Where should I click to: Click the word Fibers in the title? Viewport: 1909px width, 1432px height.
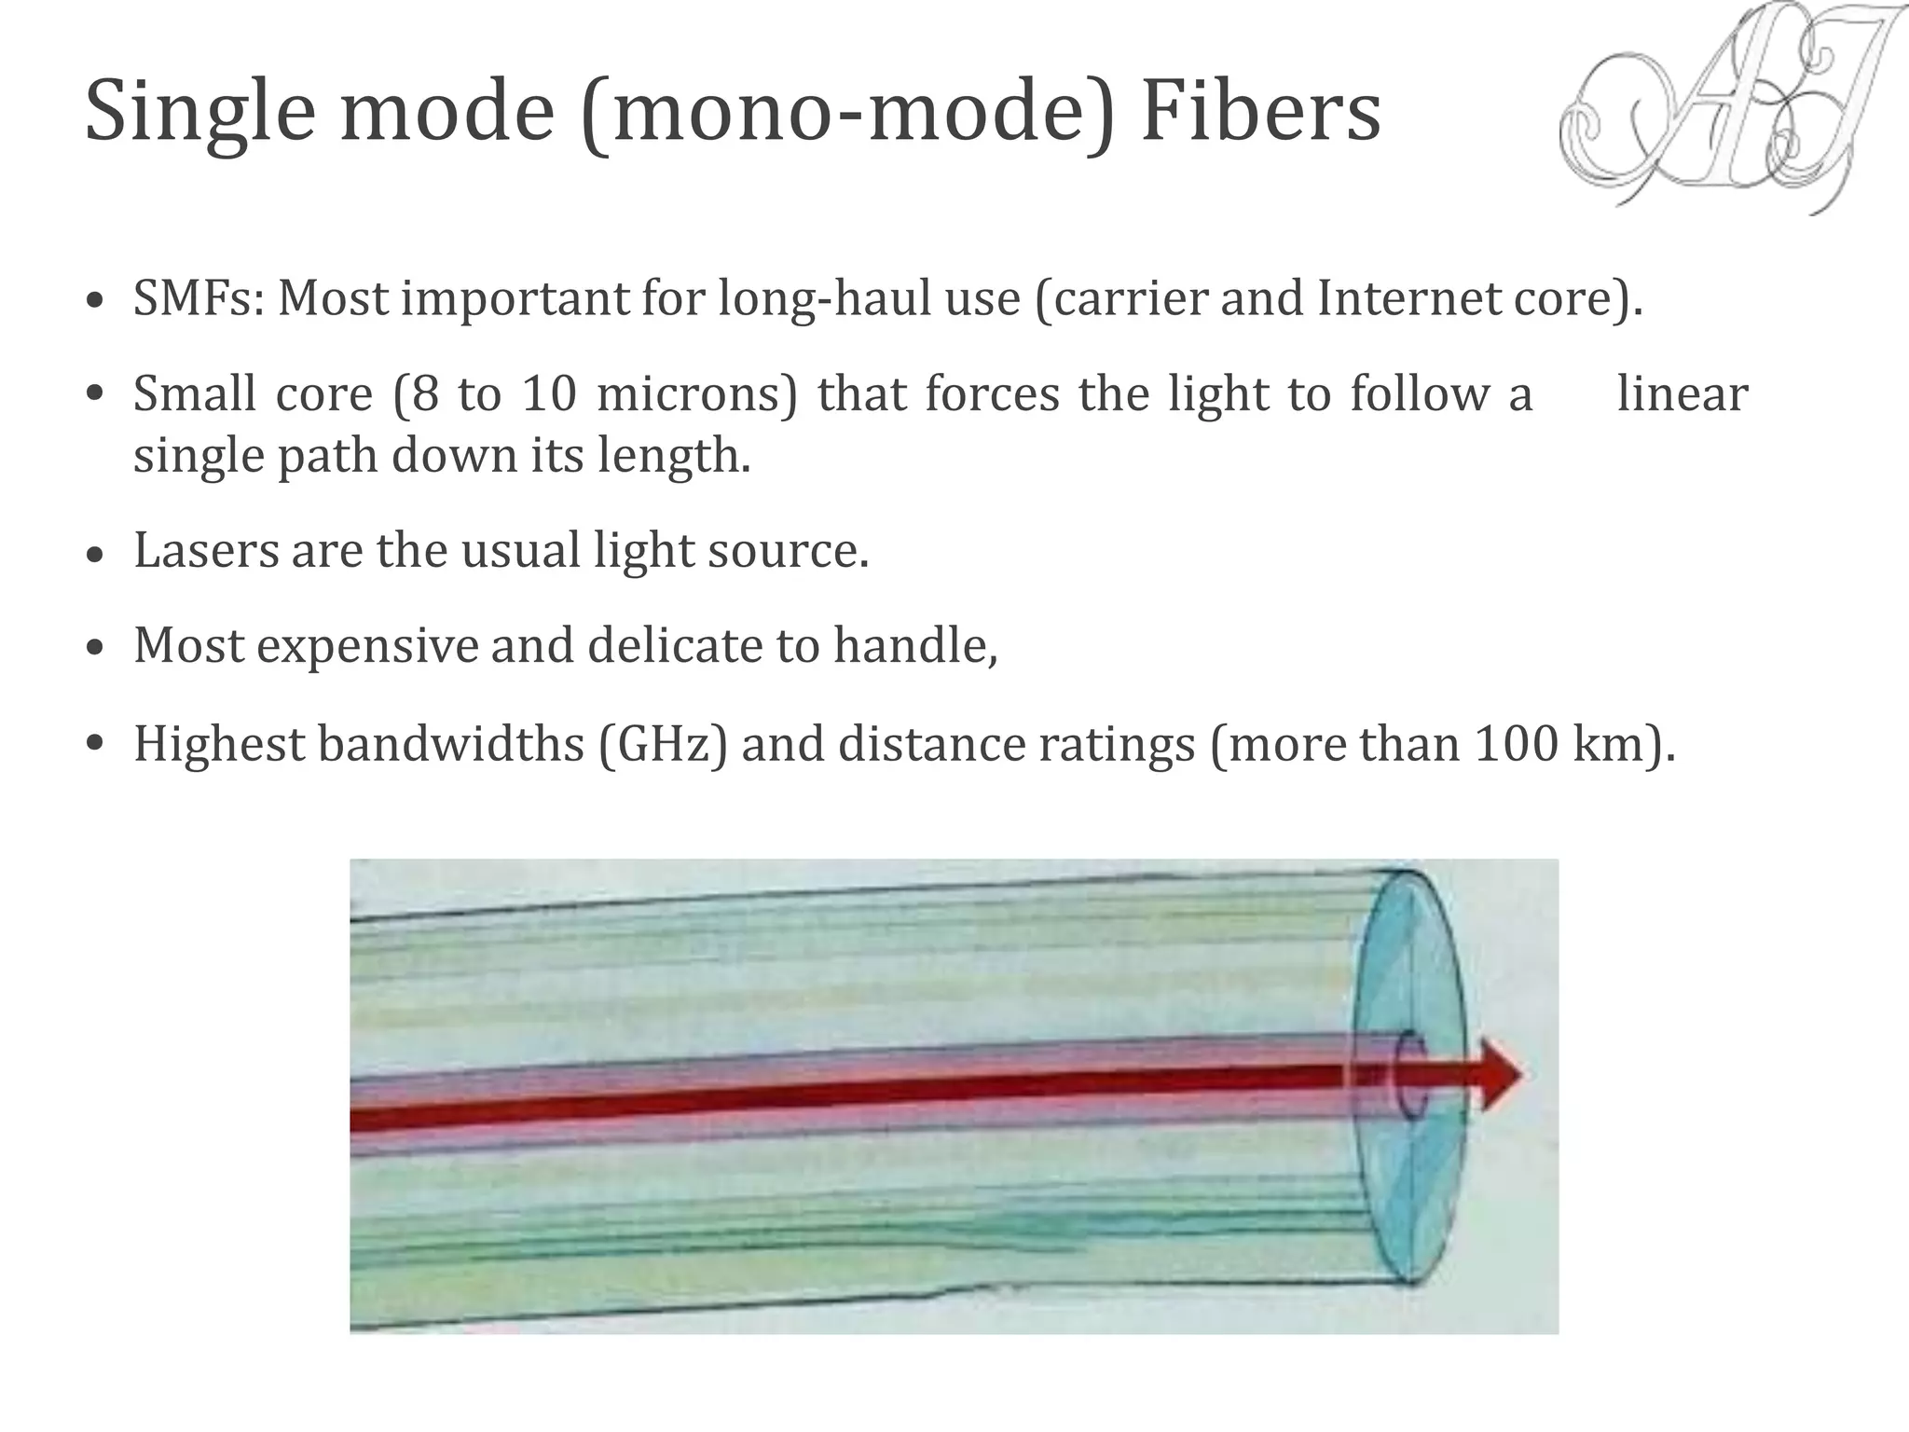(x=1260, y=112)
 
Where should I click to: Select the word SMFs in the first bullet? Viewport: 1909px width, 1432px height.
(x=192, y=298)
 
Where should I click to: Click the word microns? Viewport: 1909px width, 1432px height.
(x=695, y=393)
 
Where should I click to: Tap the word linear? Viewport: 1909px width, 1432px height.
(x=1682, y=393)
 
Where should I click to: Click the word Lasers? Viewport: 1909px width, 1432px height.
(x=205, y=550)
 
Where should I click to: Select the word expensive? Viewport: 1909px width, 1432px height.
(x=367, y=646)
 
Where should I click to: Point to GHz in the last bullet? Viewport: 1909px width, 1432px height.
(x=662, y=744)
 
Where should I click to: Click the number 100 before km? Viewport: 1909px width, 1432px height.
(x=1517, y=744)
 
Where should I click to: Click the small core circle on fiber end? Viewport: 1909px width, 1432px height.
(x=1409, y=1075)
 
